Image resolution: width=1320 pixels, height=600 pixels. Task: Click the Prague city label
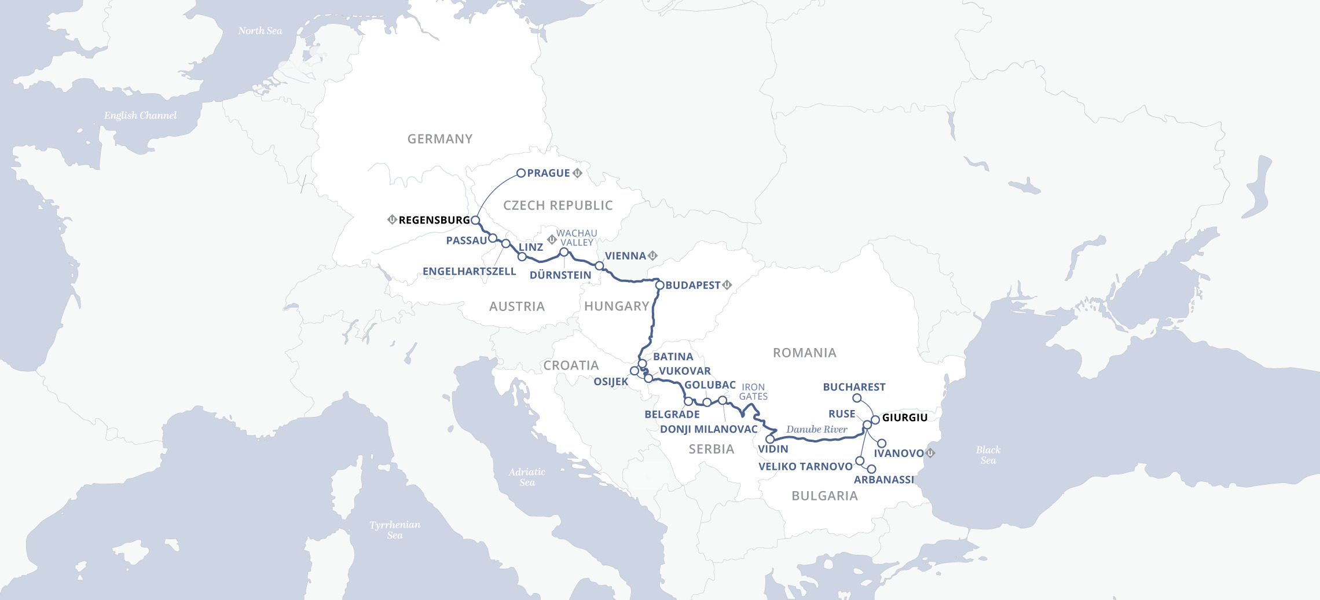coord(548,173)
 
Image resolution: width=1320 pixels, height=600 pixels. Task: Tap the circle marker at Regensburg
coord(475,220)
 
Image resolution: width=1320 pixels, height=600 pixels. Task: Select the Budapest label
coord(692,286)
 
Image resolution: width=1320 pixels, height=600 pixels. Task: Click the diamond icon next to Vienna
coord(653,255)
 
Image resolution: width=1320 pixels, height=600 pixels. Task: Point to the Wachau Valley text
coord(577,238)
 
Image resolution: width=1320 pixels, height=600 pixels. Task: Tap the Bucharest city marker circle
coord(857,398)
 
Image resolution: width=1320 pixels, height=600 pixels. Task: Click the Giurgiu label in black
coord(904,418)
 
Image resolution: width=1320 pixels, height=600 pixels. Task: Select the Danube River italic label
coord(816,429)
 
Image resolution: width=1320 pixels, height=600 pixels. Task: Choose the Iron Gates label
coord(753,392)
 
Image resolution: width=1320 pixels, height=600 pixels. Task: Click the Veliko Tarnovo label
coord(805,467)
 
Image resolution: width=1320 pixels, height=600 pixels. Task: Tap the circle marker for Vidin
coord(770,439)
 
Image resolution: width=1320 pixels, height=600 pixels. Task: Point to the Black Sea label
coord(988,455)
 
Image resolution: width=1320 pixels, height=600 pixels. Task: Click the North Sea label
coord(260,31)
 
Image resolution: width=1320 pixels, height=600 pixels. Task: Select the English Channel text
coord(140,115)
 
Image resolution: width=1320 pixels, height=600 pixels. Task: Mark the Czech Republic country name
coord(558,206)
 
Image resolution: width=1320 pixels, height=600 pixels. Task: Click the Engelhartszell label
coord(469,272)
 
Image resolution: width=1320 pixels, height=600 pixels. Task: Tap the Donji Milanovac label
coord(709,429)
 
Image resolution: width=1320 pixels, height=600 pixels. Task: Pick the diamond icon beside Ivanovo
coord(930,453)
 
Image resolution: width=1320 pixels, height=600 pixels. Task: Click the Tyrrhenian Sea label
coord(395,529)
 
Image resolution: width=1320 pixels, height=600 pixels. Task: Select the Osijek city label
coord(611,382)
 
